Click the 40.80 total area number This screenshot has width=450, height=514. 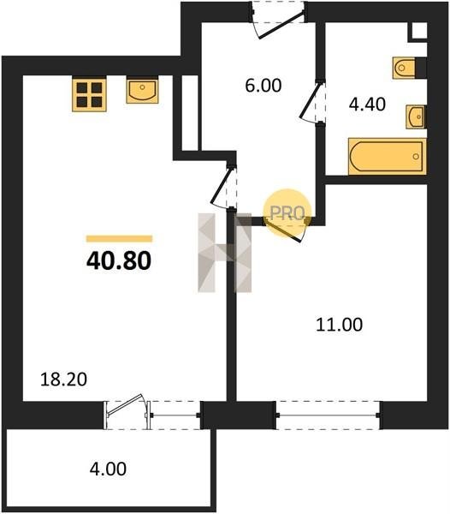click(119, 261)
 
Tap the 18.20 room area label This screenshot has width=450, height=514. click(63, 380)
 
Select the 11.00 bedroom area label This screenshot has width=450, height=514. click(339, 325)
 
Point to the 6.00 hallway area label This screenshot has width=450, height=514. click(263, 86)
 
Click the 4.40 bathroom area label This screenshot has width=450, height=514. click(367, 105)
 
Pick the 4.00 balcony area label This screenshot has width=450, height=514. click(108, 469)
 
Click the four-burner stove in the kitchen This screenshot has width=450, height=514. click(89, 93)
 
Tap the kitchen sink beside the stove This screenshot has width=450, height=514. click(142, 90)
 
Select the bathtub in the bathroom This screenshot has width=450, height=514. click(388, 157)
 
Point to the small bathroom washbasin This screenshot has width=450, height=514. click(416, 117)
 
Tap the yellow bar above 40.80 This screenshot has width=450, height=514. click(119, 239)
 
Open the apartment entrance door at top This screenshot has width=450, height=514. click(279, 20)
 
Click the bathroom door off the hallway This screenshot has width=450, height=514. click(313, 102)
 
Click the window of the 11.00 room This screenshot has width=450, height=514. click(328, 415)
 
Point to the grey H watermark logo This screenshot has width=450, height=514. click(225, 253)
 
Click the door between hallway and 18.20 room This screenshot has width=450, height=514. click(224, 186)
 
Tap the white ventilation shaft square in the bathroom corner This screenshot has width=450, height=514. click(419, 31)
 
